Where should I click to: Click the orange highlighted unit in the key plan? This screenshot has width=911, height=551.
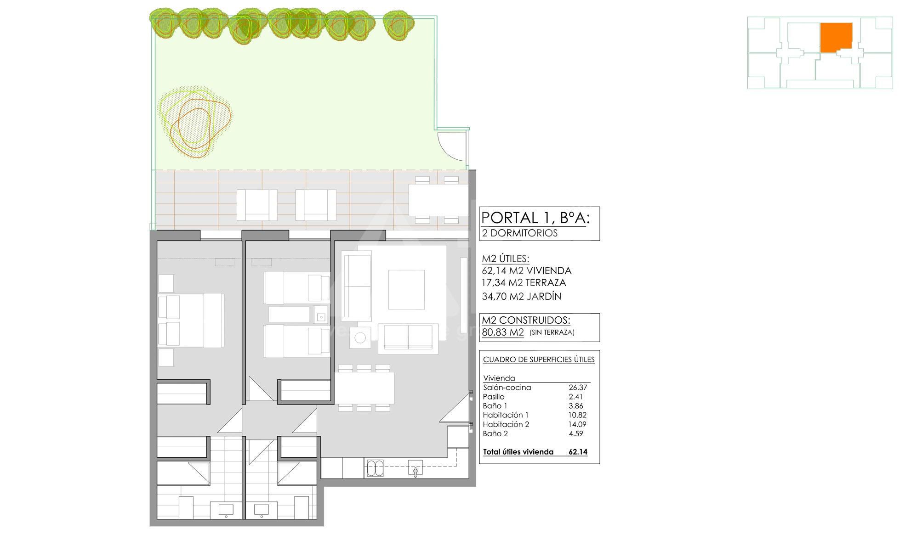pos(836,37)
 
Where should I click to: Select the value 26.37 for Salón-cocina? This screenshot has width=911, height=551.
pos(578,388)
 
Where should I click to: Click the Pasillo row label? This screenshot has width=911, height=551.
pos(494,397)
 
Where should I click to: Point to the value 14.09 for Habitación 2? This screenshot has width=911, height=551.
pos(577,424)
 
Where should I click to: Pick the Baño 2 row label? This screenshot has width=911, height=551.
pos(495,433)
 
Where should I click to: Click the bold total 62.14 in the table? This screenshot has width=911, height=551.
pos(578,452)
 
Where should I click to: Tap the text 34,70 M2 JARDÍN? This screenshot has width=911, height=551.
pos(522,297)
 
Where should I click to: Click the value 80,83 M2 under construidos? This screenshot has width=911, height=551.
pos(503,332)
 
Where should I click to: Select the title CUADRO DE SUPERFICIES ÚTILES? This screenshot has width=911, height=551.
pos(539,360)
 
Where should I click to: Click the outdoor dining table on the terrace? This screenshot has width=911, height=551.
pos(438,200)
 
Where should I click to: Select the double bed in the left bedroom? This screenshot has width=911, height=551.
pos(191,320)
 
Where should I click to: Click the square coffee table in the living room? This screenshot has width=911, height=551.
pos(406,290)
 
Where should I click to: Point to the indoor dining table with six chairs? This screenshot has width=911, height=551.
pos(364,388)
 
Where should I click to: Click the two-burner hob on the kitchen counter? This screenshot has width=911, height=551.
pos(375,468)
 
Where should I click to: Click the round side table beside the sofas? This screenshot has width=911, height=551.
pos(360,338)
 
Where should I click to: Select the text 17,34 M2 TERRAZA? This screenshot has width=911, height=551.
pos(524,283)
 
